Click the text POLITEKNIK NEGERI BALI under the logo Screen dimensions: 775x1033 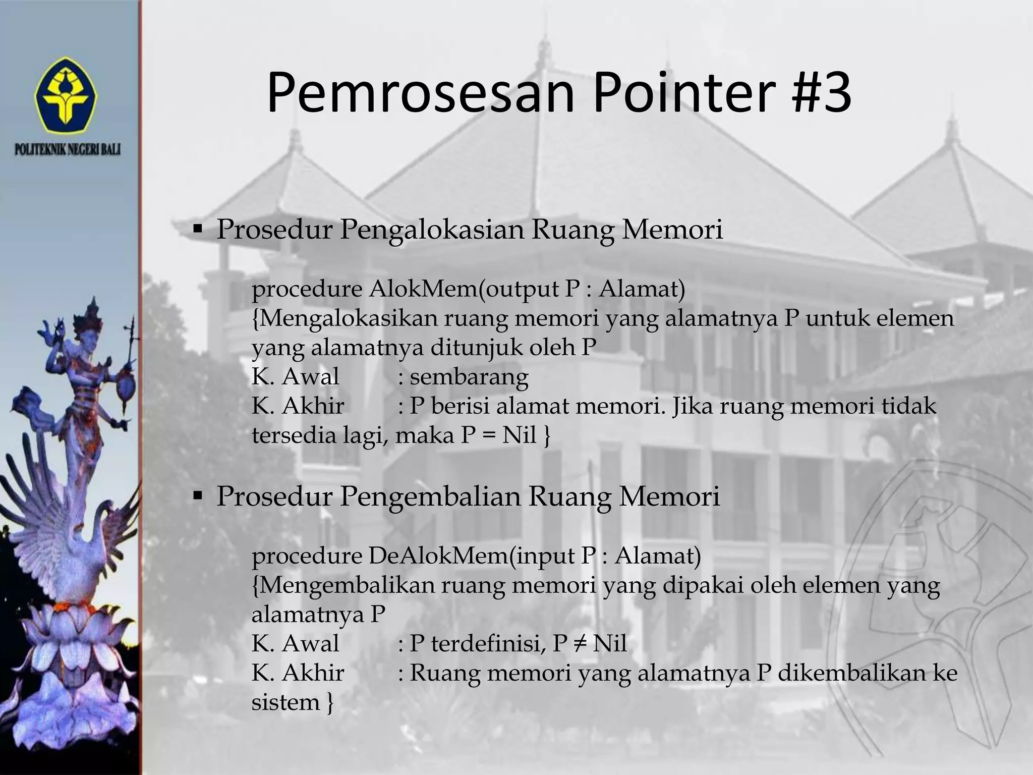pyautogui.click(x=68, y=150)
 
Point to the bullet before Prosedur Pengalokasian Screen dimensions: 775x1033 pyautogui.click(x=197, y=230)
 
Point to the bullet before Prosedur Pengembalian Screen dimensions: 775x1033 pyautogui.click(x=197, y=496)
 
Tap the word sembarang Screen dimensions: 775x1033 pyautogui.click(x=469, y=377)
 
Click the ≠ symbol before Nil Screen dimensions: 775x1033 pyautogui.click(x=580, y=644)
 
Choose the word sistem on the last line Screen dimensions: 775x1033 pyautogui.click(x=285, y=702)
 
